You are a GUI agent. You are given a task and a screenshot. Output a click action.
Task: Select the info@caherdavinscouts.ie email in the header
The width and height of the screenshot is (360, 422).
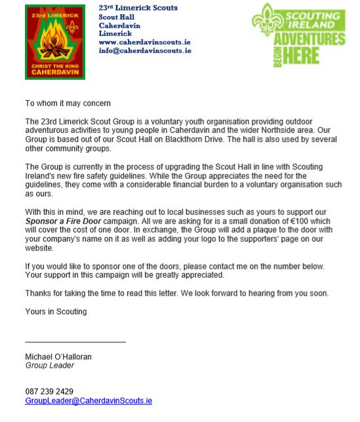coord(145,50)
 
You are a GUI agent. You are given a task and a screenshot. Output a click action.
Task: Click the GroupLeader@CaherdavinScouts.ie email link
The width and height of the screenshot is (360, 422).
coord(89,400)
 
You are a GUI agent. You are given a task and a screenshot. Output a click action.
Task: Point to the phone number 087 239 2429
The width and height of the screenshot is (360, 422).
coord(49,391)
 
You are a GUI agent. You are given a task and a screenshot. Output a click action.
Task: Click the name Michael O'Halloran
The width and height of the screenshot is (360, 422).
coord(58,357)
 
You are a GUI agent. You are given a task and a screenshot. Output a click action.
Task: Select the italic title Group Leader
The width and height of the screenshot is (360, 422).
coord(50,366)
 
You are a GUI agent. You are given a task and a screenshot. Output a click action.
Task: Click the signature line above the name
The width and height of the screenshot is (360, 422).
coord(75,342)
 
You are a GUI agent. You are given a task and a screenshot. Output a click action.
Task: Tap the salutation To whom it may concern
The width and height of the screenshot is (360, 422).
coord(68,104)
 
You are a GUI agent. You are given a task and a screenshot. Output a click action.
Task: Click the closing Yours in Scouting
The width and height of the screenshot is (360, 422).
coord(56,311)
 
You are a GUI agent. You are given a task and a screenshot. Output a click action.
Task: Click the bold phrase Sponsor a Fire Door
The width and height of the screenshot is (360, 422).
coord(65,221)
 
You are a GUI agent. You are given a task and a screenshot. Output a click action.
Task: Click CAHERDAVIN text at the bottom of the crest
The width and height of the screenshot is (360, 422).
coord(55,72)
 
